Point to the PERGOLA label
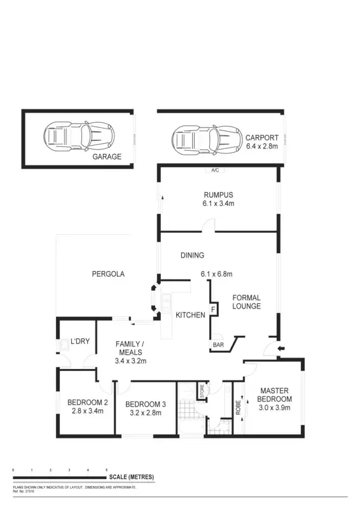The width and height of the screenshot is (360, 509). coord(107,274)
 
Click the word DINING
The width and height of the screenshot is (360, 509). coord(192,256)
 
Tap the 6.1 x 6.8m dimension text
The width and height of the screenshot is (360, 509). coord(216,274)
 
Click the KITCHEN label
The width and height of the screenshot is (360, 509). coord(190,315)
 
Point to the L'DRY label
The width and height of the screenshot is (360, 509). coord(80,341)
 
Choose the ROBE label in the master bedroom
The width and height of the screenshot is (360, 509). coord(239,407)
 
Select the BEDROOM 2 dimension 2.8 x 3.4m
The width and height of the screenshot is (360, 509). coord(88,411)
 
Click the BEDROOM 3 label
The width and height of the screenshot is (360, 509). coord(146,404)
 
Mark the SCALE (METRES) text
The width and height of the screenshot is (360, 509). coord(131,477)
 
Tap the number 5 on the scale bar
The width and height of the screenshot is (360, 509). coord(106,470)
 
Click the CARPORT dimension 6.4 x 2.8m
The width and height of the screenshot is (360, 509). coord(262,146)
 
